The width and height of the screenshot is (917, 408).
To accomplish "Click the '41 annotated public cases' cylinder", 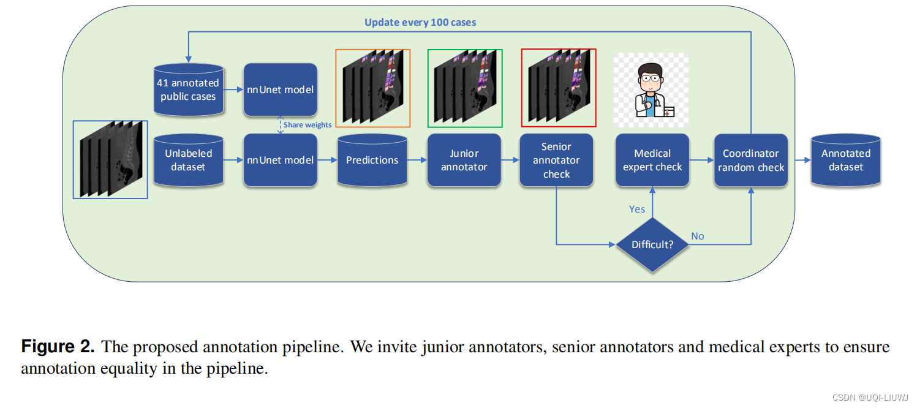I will (x=188, y=90).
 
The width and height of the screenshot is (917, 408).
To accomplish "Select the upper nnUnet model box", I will (x=281, y=90).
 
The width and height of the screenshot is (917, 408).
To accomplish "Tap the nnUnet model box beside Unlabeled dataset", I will (x=281, y=160).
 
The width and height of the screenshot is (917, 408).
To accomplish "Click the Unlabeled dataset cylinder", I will (x=188, y=160).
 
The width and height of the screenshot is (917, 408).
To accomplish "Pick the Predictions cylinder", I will (x=372, y=160).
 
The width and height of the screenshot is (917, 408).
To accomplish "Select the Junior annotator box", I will (x=464, y=160).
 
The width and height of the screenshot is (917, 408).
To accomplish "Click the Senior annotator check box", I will (x=556, y=160).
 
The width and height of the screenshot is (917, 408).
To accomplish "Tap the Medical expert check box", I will (x=652, y=160).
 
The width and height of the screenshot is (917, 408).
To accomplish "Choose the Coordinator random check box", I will (x=751, y=160).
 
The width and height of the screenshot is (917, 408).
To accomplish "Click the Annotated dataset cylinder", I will (x=846, y=160).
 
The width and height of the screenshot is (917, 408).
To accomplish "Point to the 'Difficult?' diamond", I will (x=652, y=244).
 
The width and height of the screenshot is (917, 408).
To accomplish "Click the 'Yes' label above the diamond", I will (x=637, y=209).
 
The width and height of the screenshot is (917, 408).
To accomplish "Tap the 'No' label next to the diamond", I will (x=698, y=236).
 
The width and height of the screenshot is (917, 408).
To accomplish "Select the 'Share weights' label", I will (x=308, y=125).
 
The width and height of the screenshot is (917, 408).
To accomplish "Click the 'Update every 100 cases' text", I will (x=420, y=23).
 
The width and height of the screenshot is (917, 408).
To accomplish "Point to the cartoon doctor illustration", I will (x=651, y=89).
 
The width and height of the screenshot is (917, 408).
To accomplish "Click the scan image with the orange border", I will (x=372, y=88).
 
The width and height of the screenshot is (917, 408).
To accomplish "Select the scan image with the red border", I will (x=558, y=88).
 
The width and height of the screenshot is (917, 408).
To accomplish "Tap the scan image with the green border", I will (x=465, y=88).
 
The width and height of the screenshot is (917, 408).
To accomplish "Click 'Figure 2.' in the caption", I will (x=58, y=347).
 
